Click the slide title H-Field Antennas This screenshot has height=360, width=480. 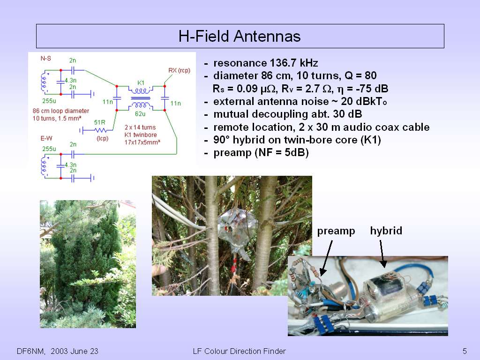point(240,36)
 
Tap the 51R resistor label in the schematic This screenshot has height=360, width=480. point(99,122)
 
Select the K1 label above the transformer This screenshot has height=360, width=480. point(141,82)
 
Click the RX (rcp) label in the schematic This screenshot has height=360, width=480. point(179,70)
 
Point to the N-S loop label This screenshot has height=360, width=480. point(46,58)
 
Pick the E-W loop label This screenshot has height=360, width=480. point(46,138)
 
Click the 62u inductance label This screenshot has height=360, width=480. point(140,114)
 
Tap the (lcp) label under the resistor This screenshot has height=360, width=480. point(103,138)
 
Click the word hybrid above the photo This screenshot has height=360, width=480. point(386,231)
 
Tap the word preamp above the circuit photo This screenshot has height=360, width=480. point(336,231)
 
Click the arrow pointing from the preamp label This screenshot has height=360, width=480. point(326,258)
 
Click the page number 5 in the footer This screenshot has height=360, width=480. point(465,351)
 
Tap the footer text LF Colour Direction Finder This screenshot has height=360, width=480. point(240,351)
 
